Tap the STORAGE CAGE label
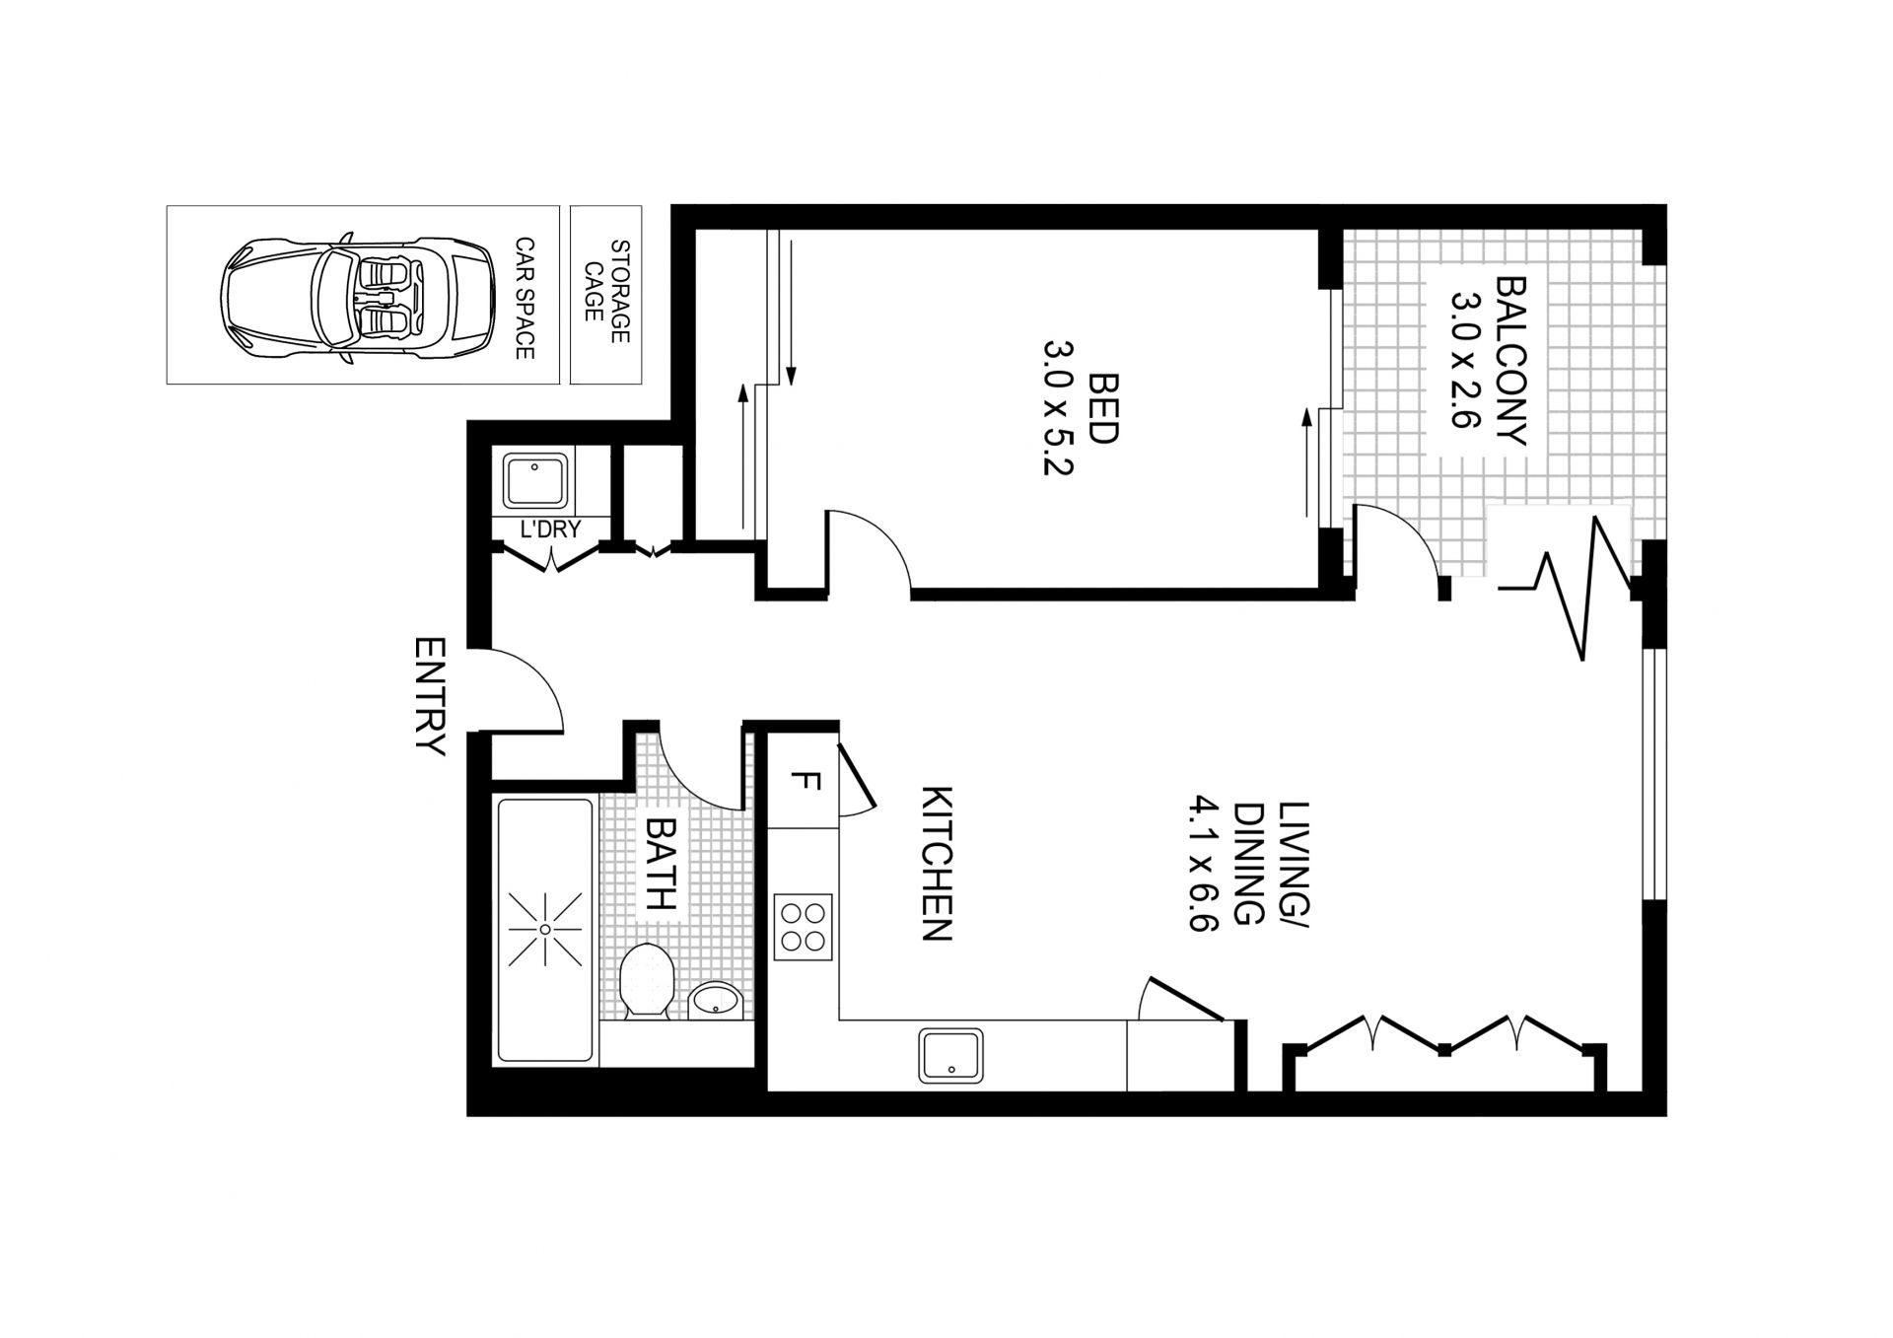(606, 293)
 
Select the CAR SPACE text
(525, 298)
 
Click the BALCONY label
(1510, 361)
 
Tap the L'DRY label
(550, 530)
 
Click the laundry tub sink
(535, 482)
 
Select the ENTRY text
(431, 697)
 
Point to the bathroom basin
(715, 1000)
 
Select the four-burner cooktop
(803, 927)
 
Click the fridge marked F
(804, 783)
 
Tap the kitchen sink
(950, 1056)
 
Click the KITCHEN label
(937, 864)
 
